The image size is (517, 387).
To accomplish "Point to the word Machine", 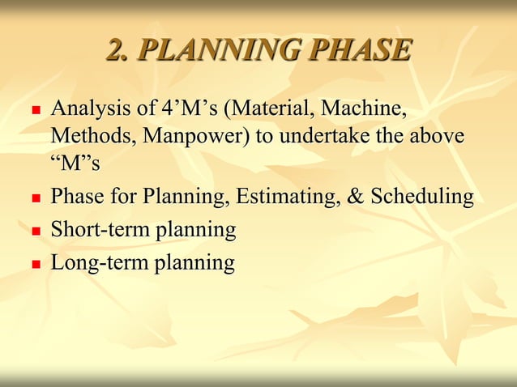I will tap(364, 108).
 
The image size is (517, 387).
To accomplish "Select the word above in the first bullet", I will tap(438, 135).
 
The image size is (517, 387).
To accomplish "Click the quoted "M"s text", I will tap(75, 163).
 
